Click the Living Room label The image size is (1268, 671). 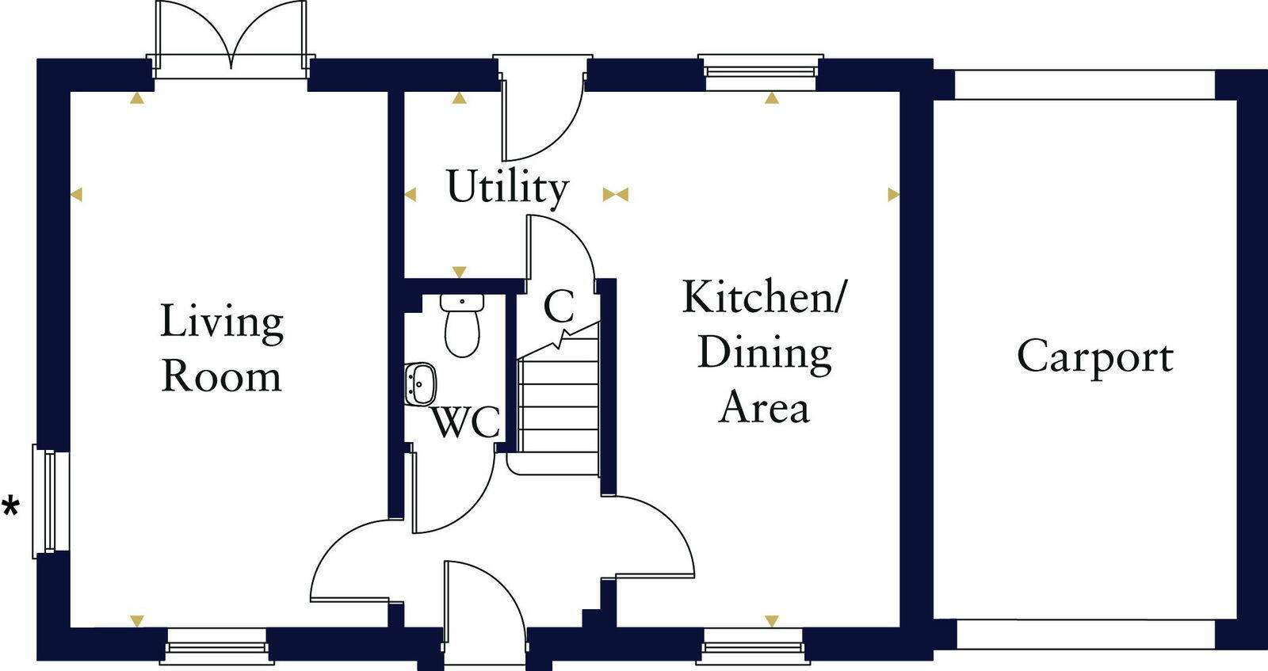[221, 349]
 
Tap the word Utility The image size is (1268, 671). [507, 188]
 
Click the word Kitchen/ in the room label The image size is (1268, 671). [764, 297]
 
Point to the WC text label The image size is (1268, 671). [465, 422]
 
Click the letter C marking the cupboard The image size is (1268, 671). [559, 306]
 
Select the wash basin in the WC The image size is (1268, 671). [421, 384]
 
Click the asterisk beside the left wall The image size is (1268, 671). [11, 507]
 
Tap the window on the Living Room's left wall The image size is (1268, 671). [49, 501]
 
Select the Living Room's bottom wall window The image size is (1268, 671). [216, 646]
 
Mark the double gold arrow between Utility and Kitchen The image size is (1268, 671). [616, 194]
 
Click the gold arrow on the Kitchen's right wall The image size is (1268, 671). [893, 194]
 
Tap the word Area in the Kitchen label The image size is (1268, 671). [764, 407]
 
